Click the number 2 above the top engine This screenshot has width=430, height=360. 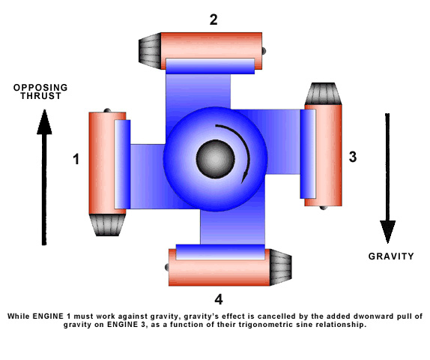(x=214, y=19)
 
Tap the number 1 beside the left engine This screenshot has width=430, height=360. (x=76, y=159)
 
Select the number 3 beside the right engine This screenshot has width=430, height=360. (x=353, y=157)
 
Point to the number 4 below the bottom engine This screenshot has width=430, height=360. (x=219, y=299)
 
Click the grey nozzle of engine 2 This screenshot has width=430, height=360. (x=150, y=51)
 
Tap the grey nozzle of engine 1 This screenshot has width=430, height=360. (x=107, y=225)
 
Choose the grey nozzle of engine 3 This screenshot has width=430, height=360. (x=324, y=94)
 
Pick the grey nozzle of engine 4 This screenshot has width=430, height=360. (x=281, y=267)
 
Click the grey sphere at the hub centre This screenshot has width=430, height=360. (x=216, y=159)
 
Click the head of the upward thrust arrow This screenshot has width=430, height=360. (x=44, y=122)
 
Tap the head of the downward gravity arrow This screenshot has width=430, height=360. (x=387, y=232)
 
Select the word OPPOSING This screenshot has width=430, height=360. (x=40, y=88)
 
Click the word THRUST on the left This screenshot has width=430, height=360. (x=40, y=96)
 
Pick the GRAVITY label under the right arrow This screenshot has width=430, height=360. (x=391, y=256)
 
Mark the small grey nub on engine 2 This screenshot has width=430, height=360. (x=264, y=51)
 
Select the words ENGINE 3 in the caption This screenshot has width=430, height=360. (x=123, y=325)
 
